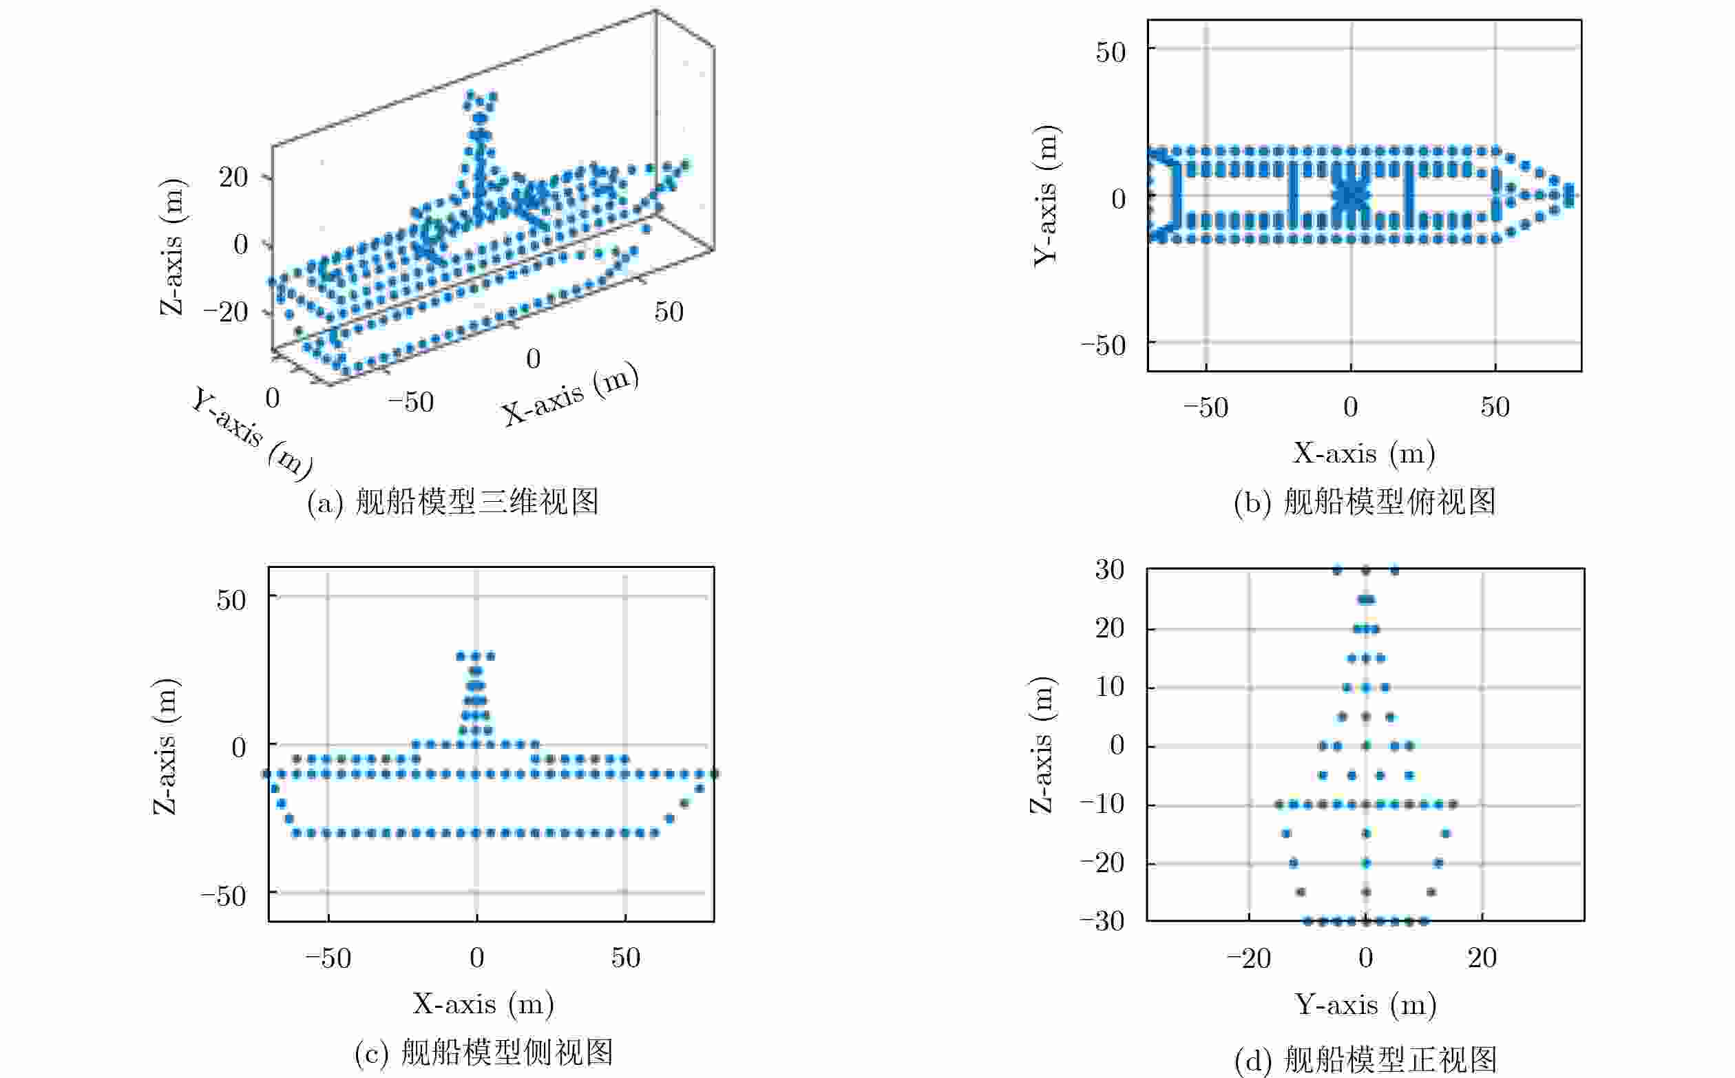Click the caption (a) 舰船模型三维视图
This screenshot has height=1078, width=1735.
pos(452,502)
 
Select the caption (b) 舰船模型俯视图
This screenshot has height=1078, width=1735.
pos(1364,502)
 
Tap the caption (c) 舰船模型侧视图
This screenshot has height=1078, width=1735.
pos(483,1053)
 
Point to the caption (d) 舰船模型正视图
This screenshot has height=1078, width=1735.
pos(1365,1060)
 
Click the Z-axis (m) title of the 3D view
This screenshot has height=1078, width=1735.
pos(172,245)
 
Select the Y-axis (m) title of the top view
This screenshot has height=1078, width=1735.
pos(1047,195)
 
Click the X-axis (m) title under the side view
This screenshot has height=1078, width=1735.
pos(483,1004)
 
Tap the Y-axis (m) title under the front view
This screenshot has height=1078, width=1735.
pos(1365,1004)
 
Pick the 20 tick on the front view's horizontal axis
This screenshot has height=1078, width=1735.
pos(1482,958)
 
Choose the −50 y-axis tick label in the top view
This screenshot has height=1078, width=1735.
pos(1102,345)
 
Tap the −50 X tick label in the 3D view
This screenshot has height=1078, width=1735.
pos(411,402)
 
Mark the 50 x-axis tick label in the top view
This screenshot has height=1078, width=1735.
pos(1495,406)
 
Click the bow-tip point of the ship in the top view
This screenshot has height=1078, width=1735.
pos(1569,195)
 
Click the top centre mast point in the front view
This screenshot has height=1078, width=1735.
pos(1365,570)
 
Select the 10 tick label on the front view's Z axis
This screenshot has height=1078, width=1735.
pos(1111,686)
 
